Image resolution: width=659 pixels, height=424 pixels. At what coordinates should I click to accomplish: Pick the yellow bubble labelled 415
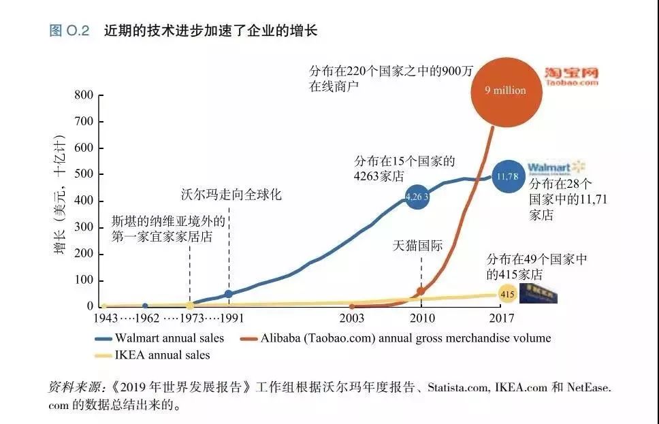[507, 295]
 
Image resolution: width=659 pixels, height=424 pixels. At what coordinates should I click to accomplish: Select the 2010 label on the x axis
[421, 319]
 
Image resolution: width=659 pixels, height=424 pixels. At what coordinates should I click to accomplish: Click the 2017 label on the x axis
[500, 319]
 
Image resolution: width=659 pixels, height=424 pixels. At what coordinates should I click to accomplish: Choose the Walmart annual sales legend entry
[167, 338]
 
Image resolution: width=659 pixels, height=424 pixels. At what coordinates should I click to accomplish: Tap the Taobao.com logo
[570, 76]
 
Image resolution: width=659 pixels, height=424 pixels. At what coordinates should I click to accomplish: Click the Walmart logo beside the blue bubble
[556, 167]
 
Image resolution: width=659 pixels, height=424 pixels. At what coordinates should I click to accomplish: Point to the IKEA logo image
[539, 293]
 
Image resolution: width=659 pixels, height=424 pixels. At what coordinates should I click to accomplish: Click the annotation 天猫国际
[417, 246]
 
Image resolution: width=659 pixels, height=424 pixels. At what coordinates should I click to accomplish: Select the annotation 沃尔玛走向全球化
[231, 195]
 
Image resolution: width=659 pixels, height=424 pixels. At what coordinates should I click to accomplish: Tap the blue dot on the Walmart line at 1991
[229, 294]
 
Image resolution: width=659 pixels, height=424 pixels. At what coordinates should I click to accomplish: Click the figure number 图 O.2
[69, 31]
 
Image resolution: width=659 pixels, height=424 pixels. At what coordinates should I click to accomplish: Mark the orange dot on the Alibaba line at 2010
[421, 291]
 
